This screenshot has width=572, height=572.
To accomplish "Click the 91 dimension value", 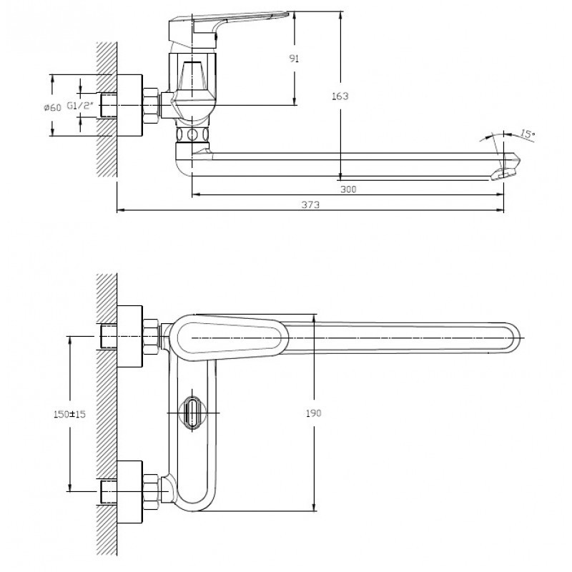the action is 294,59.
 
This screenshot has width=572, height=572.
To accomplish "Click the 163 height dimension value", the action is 340,97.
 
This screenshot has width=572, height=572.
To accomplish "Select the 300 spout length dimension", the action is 348,189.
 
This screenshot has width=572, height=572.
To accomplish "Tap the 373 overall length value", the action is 310,204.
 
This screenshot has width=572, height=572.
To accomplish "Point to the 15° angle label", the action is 527,134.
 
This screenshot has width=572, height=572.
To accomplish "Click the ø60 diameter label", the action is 52,107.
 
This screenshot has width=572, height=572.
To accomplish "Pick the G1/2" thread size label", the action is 80,106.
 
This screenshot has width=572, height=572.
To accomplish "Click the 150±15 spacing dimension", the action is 69,414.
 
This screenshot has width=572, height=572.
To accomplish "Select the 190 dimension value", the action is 313,413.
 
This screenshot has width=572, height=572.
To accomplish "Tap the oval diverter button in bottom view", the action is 193,413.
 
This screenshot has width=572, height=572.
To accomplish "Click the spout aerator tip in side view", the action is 507,169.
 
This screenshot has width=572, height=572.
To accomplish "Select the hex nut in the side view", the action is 150,105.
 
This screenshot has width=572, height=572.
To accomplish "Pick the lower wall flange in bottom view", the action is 129,492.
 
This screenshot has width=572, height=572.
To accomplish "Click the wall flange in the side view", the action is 129,105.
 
